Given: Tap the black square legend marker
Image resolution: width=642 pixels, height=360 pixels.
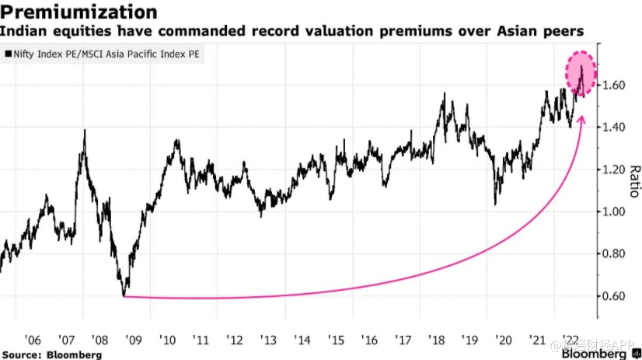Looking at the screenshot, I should click(x=7, y=55).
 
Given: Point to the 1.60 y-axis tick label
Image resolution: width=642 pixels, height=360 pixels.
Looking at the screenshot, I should click(x=615, y=85).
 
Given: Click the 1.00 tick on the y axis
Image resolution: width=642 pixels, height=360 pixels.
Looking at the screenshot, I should click(x=615, y=211).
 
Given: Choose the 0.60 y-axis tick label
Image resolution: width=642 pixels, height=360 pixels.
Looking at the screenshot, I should click(x=615, y=296).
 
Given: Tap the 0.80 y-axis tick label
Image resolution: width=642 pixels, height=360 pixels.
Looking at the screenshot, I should click(x=615, y=254).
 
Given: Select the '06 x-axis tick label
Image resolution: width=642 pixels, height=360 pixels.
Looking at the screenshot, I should click(x=32, y=340).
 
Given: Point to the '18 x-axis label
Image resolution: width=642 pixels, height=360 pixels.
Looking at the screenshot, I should click(x=439, y=340).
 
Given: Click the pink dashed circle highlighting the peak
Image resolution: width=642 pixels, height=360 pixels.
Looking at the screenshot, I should click(x=580, y=75).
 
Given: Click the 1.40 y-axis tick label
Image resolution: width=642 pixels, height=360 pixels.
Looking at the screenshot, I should click(x=615, y=127).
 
